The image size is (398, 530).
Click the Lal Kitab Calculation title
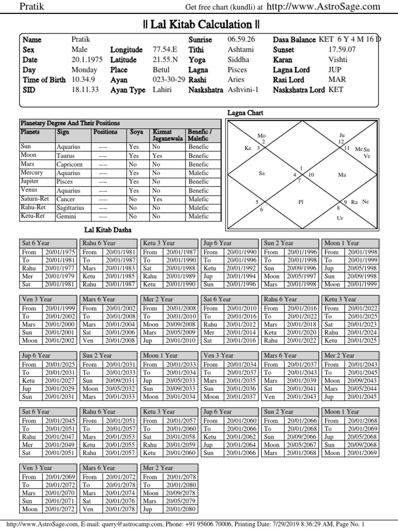point(201,24)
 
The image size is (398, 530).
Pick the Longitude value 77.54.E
point(165,50)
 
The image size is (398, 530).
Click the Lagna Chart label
point(246,112)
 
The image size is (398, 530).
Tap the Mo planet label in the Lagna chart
point(261,136)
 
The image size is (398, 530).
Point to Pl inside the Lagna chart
point(300,202)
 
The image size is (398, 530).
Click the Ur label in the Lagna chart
point(340,218)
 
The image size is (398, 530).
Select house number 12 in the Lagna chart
point(341,141)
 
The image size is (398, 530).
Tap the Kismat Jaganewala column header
point(167,136)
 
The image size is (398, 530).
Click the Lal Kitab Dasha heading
point(108,229)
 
